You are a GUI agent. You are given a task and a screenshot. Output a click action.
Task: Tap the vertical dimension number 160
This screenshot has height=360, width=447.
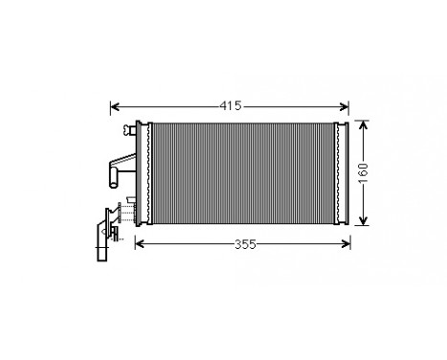pyautogui.click(x=364, y=172)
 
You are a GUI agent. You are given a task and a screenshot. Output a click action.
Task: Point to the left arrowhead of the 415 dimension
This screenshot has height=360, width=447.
pyautogui.click(x=116, y=105)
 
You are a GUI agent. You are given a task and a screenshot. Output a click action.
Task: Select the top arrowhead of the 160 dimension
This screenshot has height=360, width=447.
pyautogui.click(x=364, y=124)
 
